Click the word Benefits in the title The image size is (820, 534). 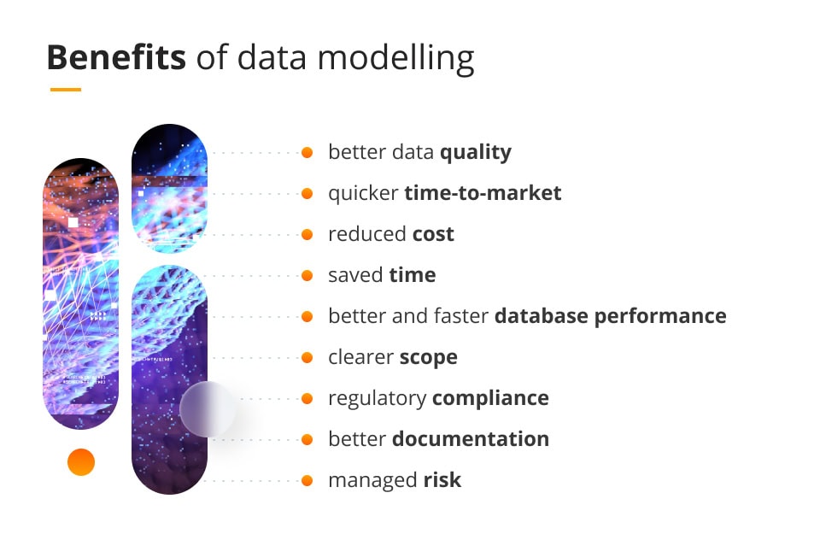(x=116, y=57)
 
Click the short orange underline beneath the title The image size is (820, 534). (x=66, y=90)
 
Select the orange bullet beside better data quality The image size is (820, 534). (x=307, y=152)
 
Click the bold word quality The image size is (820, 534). (x=476, y=153)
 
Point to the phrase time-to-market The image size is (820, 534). (x=483, y=193)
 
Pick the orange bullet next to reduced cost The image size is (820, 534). (x=307, y=234)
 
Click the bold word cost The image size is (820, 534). (x=433, y=234)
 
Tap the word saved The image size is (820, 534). (x=355, y=275)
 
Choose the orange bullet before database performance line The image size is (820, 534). (x=307, y=316)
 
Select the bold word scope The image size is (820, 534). (x=428, y=358)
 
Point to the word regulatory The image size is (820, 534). (x=377, y=398)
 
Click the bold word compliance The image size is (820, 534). (x=490, y=398)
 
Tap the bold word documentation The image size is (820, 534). (x=471, y=439)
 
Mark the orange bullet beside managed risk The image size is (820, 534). (x=307, y=481)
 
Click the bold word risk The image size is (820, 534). (x=442, y=479)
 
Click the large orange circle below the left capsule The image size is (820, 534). (x=81, y=462)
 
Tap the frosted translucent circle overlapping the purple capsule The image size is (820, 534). (x=208, y=409)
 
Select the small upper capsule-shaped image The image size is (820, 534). (x=169, y=188)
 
